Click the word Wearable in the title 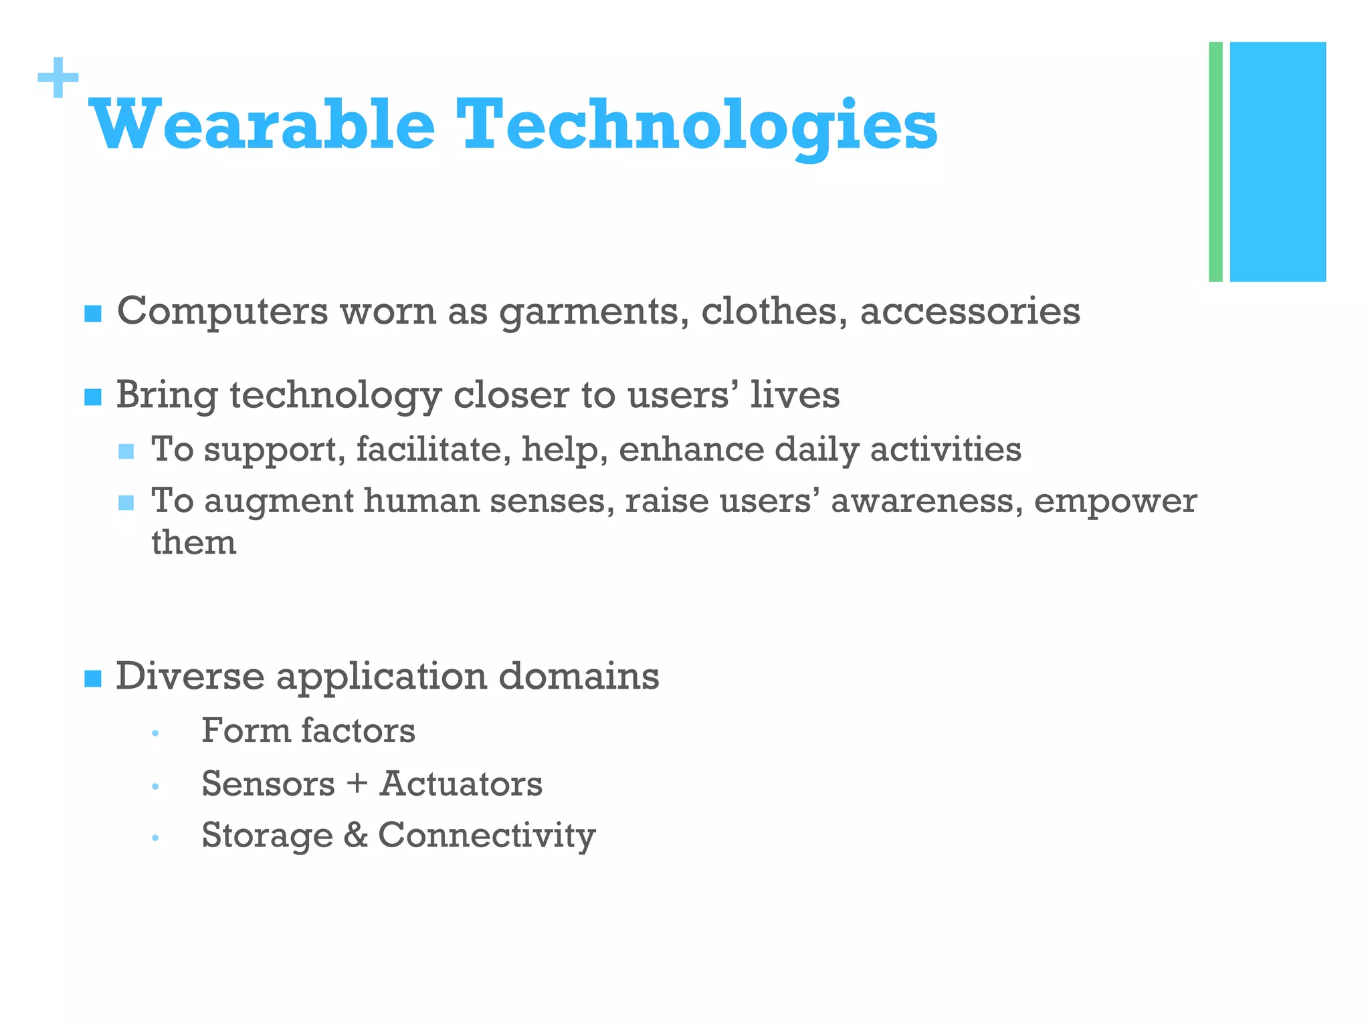coord(262,125)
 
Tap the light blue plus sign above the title coord(58,78)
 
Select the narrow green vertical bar coord(1215,162)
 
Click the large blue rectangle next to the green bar coord(1278,162)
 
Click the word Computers coord(222,312)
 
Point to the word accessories coord(969,312)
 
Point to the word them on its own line coord(194,542)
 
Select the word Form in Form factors coord(245,730)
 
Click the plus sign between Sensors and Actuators coord(357,784)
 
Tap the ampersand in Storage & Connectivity coord(355,835)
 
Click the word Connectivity coord(486,836)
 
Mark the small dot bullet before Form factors coord(155,733)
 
